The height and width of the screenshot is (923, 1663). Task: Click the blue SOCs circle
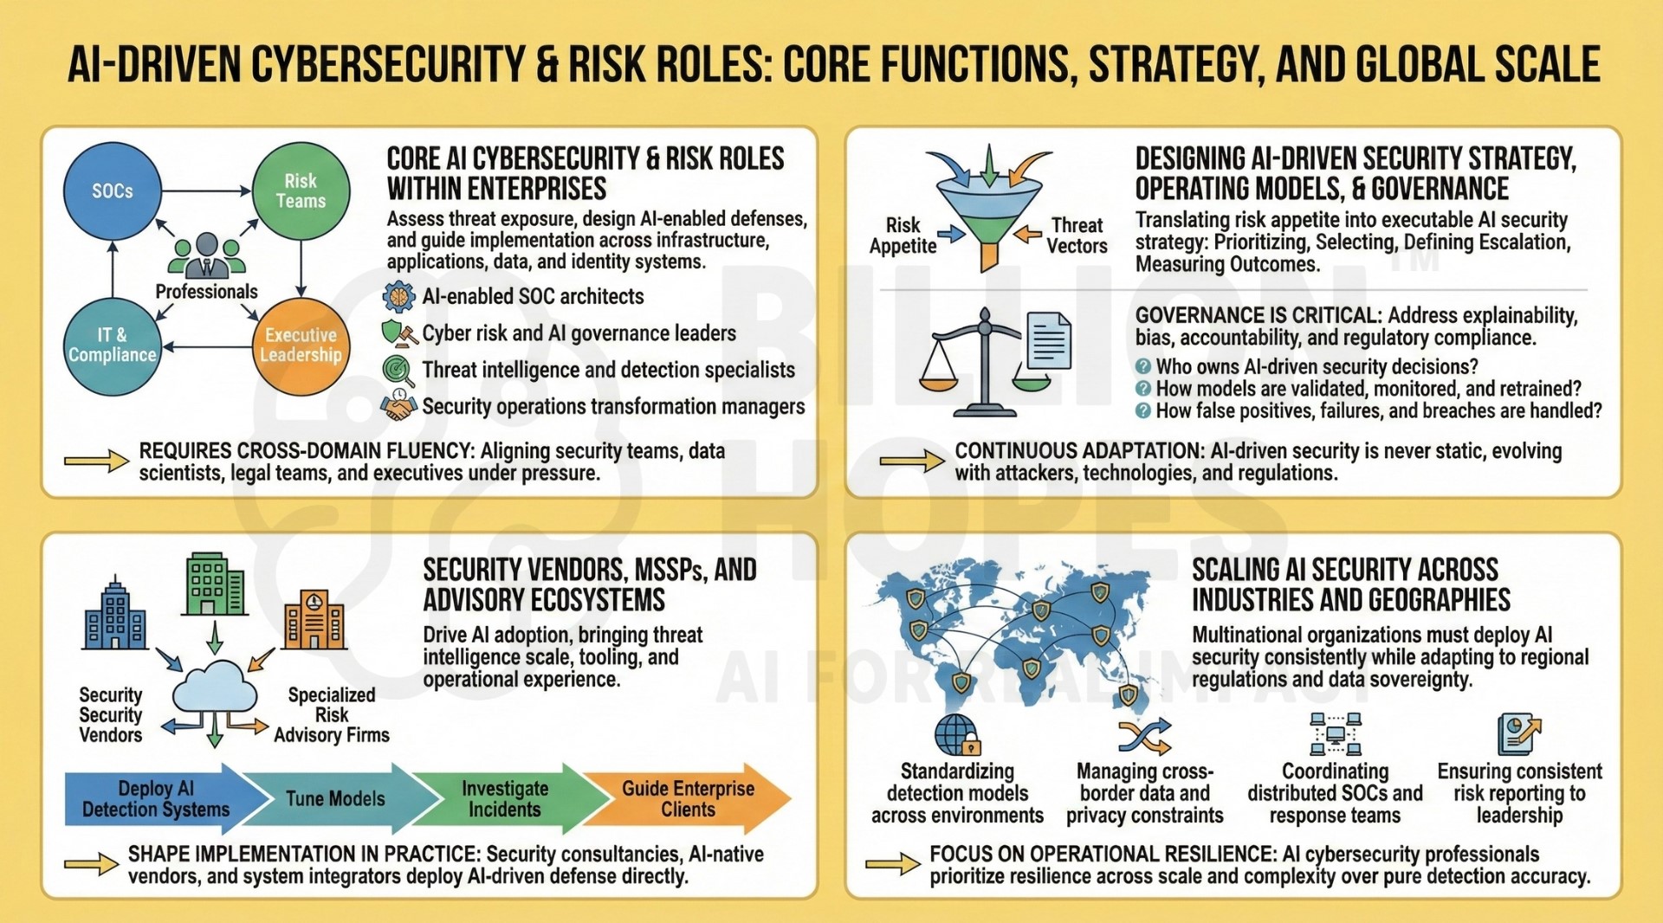click(113, 191)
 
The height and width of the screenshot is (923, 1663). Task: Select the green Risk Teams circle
click(301, 191)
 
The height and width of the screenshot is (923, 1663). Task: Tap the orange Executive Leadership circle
click(301, 346)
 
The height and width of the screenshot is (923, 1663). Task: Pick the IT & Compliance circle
click(113, 346)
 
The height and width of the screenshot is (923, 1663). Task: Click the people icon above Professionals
click(207, 255)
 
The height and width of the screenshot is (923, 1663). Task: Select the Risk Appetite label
click(903, 236)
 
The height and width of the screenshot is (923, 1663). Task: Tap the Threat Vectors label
click(1077, 236)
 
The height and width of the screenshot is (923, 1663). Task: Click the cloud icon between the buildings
click(215, 687)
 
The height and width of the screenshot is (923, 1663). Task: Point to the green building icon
click(215, 584)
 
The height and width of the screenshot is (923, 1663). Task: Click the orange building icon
click(314, 620)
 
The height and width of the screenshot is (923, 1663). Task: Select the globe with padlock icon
click(958, 735)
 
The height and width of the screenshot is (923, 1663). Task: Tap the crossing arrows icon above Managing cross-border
click(1144, 736)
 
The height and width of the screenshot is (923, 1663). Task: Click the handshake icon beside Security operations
click(398, 406)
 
